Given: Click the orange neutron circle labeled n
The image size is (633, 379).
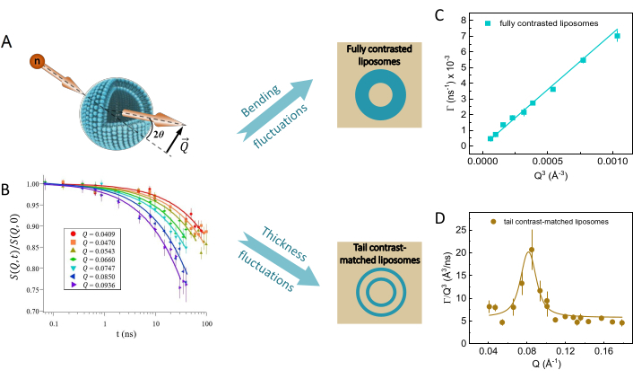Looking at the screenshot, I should coord(36,61).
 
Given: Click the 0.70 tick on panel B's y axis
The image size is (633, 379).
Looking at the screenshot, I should coord(29,312).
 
